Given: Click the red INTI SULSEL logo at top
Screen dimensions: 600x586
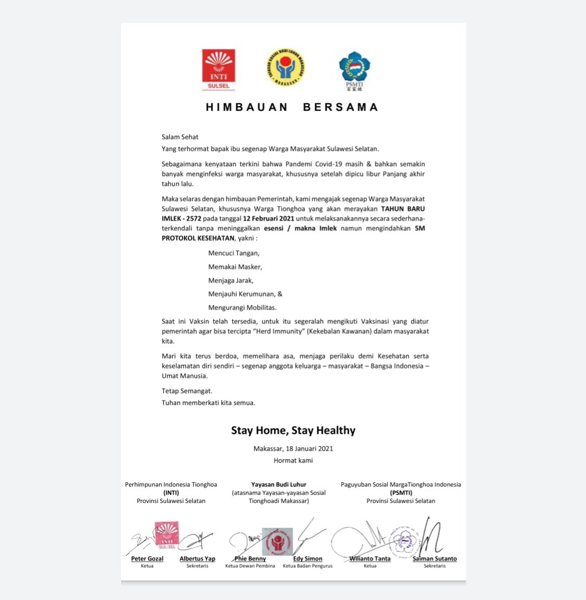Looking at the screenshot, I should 219,70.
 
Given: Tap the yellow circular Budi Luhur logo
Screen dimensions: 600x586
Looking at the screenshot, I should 285,68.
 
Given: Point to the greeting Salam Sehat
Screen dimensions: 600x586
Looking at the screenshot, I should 180,137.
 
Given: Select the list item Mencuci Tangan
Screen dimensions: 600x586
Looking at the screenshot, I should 234,253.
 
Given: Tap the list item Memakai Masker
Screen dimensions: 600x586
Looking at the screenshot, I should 235,267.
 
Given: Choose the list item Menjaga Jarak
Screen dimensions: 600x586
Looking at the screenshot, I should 231,280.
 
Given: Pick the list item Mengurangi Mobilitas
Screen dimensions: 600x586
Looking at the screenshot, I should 242,307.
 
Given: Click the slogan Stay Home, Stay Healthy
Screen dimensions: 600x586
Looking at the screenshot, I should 293,431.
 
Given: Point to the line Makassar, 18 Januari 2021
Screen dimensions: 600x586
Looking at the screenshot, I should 293,449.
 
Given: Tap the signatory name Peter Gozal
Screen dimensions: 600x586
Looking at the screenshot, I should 146,558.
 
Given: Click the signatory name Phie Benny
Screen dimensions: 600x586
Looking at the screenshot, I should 250,558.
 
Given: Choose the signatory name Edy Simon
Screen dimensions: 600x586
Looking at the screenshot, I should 308,558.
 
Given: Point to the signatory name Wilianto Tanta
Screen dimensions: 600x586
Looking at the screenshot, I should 370,558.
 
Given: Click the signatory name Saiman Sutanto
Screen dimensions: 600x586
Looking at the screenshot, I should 434,558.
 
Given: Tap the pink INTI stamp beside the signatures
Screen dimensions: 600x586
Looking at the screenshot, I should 167,533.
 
